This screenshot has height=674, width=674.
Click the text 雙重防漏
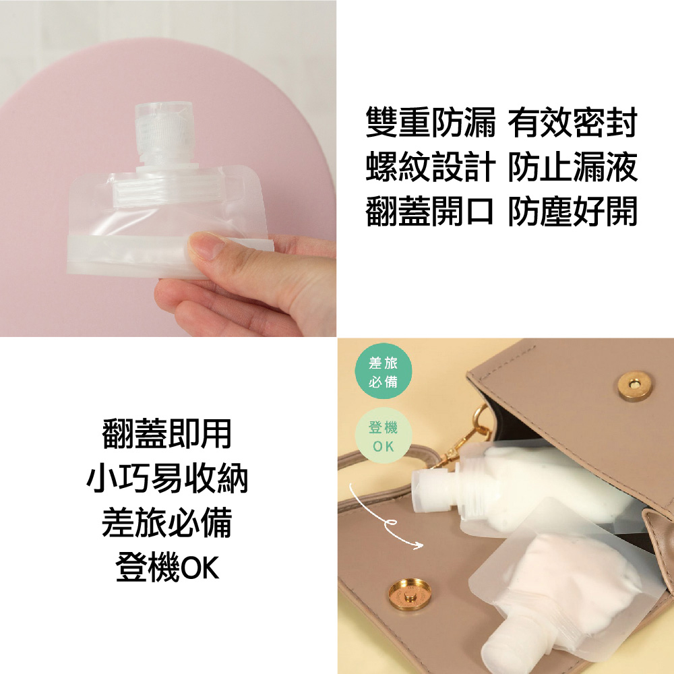(430, 123)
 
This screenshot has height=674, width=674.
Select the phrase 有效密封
(572, 123)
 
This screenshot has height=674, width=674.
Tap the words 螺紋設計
(430, 166)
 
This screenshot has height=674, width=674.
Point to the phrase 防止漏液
(572, 166)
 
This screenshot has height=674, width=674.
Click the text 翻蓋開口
(429, 211)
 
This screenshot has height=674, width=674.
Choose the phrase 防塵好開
(572, 211)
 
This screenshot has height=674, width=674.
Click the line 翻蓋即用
(166, 433)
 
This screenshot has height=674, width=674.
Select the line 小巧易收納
(167, 479)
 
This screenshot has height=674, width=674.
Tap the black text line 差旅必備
(166, 523)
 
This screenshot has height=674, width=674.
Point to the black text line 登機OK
(167, 568)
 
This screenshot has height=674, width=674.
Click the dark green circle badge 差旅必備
(384, 371)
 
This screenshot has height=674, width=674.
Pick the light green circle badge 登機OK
(384, 435)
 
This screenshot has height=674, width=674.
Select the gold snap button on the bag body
(410, 596)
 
